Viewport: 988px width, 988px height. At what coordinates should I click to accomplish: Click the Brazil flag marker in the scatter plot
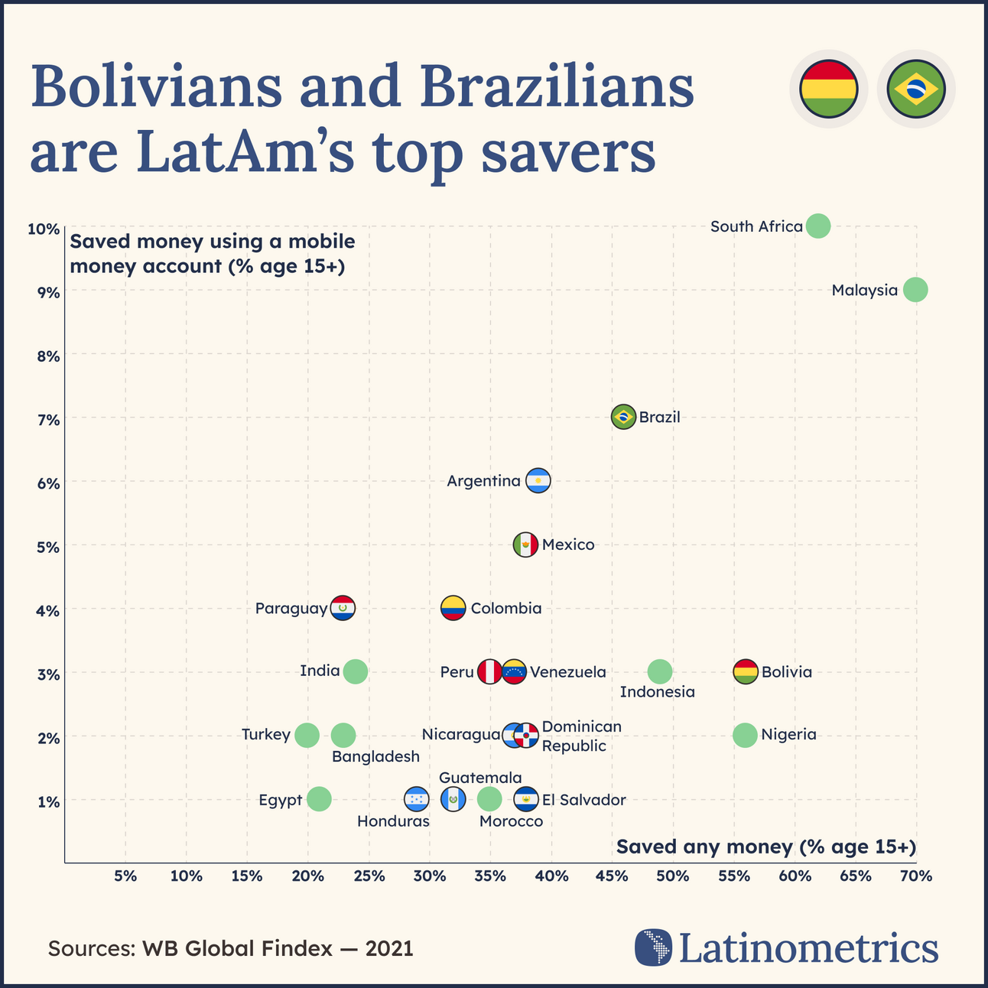point(624,417)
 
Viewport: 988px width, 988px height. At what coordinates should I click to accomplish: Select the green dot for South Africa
point(818,226)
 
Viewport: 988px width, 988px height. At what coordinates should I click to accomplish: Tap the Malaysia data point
point(915,290)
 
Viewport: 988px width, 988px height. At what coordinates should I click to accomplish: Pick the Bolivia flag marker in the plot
point(746,671)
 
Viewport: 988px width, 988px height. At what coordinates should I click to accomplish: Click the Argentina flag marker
point(538,480)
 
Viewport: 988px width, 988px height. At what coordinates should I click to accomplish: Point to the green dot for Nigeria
point(745,735)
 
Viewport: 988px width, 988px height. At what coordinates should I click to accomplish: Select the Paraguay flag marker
point(343,608)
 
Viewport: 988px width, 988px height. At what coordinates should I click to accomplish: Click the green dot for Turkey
point(307,735)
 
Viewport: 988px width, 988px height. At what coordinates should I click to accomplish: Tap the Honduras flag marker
point(416,799)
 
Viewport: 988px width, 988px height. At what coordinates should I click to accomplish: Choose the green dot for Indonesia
point(660,671)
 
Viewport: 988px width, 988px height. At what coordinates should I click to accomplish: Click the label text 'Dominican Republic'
point(581,736)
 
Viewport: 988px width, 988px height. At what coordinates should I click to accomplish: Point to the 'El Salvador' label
point(583,800)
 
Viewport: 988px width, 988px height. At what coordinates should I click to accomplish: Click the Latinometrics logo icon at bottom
point(653,947)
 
